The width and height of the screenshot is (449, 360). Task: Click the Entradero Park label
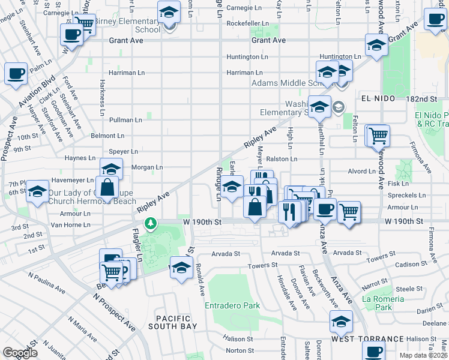coord(232,305)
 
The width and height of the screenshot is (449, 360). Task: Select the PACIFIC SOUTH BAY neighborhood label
coord(173,322)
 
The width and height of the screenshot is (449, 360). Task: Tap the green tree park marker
coord(150,224)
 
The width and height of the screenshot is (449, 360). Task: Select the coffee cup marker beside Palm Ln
coord(16,74)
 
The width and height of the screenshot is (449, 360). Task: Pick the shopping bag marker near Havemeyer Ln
coord(107,187)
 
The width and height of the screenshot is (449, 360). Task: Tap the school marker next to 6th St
coord(38,191)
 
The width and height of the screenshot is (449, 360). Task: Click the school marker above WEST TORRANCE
coord(341,322)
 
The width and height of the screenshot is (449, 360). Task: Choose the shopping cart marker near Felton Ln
coord(378,136)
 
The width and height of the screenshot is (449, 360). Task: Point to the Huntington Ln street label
coord(247,57)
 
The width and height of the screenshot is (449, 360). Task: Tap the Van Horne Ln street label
coord(70,225)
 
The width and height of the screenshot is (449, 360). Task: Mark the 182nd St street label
coord(427,98)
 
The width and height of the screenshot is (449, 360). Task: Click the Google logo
coord(20,353)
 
